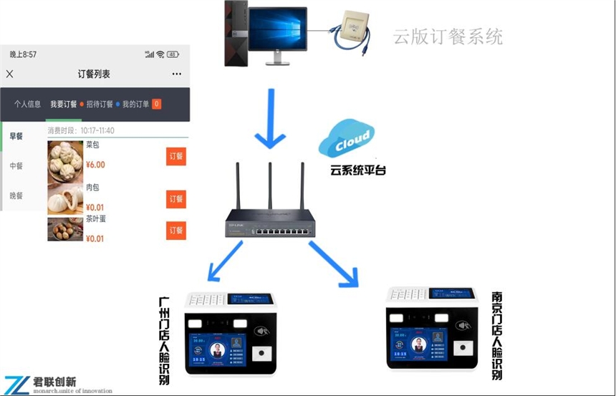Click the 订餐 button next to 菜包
[175, 156]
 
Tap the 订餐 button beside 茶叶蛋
[175, 231]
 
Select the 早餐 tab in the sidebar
[16, 136]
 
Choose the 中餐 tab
[16, 165]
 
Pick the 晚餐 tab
[16, 195]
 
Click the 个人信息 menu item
[27, 104]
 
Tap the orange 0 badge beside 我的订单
[156, 105]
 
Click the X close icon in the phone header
[9, 74]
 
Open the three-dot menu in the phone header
[176, 74]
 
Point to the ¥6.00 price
[95, 165]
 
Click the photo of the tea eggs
[65, 229]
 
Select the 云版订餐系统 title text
[448, 37]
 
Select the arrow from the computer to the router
[271, 118]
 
